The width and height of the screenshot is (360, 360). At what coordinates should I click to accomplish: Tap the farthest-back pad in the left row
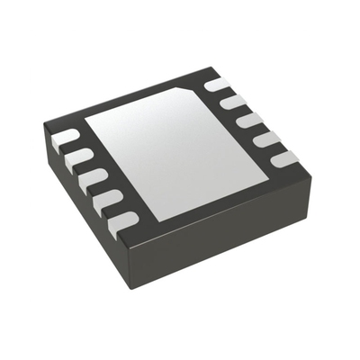pos(66,139)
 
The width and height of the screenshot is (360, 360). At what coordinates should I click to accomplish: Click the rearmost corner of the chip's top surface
pos(214,67)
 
